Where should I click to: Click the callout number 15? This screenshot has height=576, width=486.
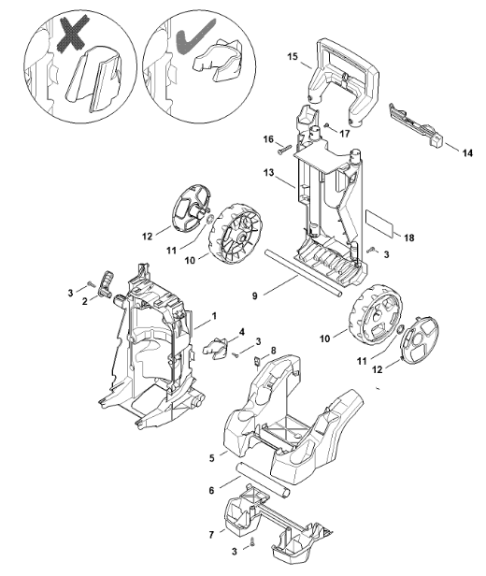pyautogui.click(x=293, y=56)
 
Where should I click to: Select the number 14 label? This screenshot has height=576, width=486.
pyautogui.click(x=467, y=153)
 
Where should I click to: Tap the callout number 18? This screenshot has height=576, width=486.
pyautogui.click(x=409, y=238)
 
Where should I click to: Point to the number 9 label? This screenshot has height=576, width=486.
pyautogui.click(x=255, y=295)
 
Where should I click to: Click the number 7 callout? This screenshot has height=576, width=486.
pyautogui.click(x=211, y=535)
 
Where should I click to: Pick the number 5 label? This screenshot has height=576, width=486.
pyautogui.click(x=212, y=458)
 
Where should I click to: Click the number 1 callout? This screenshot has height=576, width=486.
pyautogui.click(x=214, y=316)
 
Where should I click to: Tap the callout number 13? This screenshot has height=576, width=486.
pyautogui.click(x=268, y=172)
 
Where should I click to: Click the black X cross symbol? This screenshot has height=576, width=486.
pyautogui.click(x=74, y=33)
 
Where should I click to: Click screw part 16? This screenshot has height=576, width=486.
pyautogui.click(x=284, y=150)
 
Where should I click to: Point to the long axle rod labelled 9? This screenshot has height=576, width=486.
pyautogui.click(x=304, y=274)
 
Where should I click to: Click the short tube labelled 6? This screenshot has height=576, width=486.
pyautogui.click(x=264, y=480)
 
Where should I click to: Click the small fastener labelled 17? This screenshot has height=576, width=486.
pyautogui.click(x=327, y=125)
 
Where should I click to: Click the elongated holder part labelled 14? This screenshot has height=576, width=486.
pyautogui.click(x=416, y=125)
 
